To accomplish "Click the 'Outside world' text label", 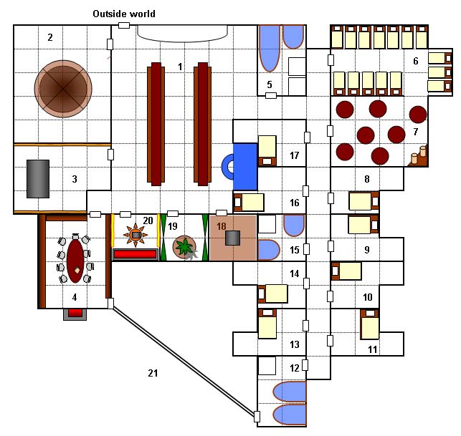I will (x=124, y=14).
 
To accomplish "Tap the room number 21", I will (x=152, y=373).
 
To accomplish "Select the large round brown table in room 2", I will (x=63, y=87).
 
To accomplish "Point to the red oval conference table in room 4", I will (x=75, y=259).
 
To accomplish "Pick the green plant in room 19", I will (x=186, y=247).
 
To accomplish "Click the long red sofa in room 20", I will (x=135, y=253).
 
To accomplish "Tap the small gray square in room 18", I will (x=232, y=238).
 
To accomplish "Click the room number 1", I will (x=180, y=67).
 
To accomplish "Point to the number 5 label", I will (x=270, y=84).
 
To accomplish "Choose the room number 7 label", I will (x=414, y=132).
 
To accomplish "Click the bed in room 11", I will (x=370, y=325).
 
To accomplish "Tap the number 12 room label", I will (x=295, y=368).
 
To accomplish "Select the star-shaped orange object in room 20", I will (x=135, y=233).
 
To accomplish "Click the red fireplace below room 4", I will (x=75, y=313).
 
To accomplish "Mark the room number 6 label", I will (x=415, y=61).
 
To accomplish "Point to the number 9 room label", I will (x=367, y=250).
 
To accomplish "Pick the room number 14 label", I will (x=294, y=273).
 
